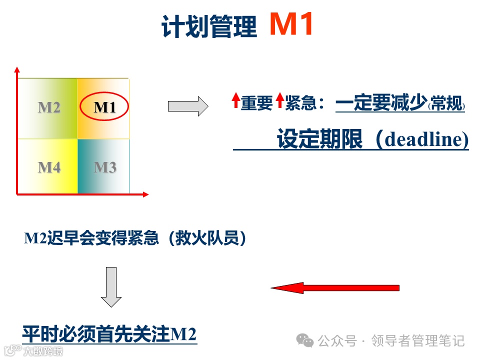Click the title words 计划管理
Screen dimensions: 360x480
tap(209, 27)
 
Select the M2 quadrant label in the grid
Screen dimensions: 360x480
tap(49, 107)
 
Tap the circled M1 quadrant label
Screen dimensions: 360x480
tap(104, 107)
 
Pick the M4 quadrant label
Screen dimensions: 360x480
tap(49, 167)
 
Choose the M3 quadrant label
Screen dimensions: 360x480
tap(104, 167)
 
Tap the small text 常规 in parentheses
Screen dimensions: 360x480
tap(447, 105)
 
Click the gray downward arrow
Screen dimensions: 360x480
tap(111, 287)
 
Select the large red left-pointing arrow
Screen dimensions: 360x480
tap(335, 287)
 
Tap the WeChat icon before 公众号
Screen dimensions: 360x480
tap(305, 340)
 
